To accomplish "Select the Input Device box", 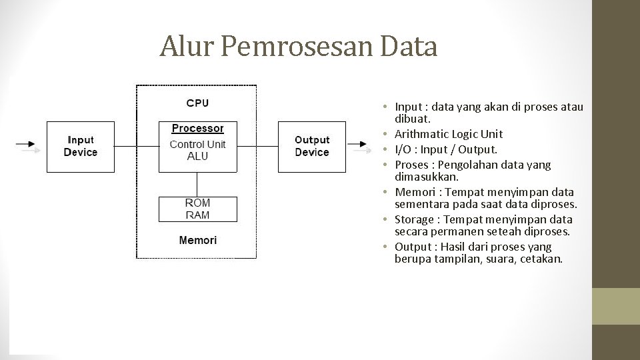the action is tap(80, 146).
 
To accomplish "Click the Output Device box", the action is tap(312, 146).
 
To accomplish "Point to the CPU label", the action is tap(197, 103).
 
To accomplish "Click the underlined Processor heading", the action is tap(197, 128).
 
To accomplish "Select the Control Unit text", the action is tap(197, 144).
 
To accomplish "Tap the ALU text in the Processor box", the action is tap(197, 156).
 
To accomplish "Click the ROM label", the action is tap(197, 203).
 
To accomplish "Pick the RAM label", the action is tap(197, 215).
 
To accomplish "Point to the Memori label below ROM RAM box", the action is tap(197, 240).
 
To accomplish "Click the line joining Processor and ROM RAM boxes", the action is tap(197, 185).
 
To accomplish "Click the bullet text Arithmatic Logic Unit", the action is tap(449, 134).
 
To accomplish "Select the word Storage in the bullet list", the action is tap(413, 219).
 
